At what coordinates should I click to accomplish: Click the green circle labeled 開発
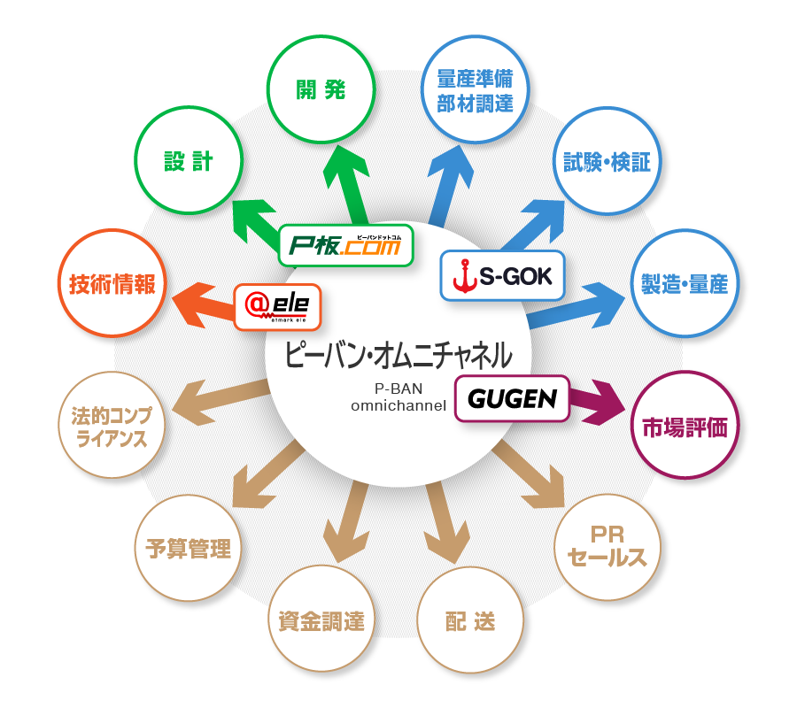[321, 90]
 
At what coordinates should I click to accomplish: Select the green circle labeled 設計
[188, 161]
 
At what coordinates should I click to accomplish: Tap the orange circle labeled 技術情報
[112, 283]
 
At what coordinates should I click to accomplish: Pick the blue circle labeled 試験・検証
[607, 162]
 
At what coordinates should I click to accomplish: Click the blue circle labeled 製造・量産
[683, 283]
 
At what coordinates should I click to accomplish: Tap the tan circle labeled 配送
[470, 620]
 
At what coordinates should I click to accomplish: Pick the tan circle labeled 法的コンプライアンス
[112, 427]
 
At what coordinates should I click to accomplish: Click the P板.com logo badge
[345, 247]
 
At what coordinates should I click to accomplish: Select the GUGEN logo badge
[511, 399]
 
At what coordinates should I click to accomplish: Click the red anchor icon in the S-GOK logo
[462, 278]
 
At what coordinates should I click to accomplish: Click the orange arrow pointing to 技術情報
[202, 298]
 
